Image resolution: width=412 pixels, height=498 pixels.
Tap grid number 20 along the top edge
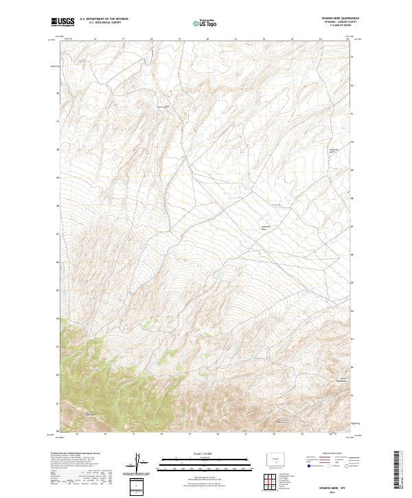tap(207, 39)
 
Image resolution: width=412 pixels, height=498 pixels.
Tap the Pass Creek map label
tap(163, 106)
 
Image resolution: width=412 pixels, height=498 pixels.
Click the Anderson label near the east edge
tap(334, 149)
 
